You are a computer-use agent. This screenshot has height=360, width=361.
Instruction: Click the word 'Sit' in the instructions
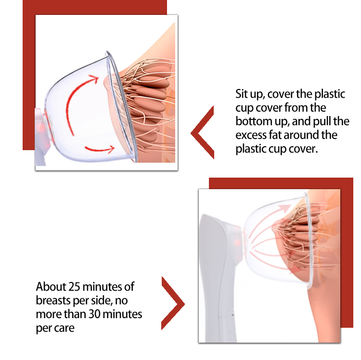coord(241,94)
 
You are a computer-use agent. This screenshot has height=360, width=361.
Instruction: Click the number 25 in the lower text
coord(74,287)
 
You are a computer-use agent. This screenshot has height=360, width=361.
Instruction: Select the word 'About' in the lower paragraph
coord(51,287)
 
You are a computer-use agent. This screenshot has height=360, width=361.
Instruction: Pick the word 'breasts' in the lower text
coord(53,300)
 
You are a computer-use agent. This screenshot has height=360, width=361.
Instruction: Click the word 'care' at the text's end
coord(65,328)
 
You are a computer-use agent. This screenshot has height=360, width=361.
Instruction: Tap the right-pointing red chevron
coord(173,303)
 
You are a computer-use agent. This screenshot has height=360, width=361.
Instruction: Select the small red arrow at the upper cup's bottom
coord(100,150)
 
